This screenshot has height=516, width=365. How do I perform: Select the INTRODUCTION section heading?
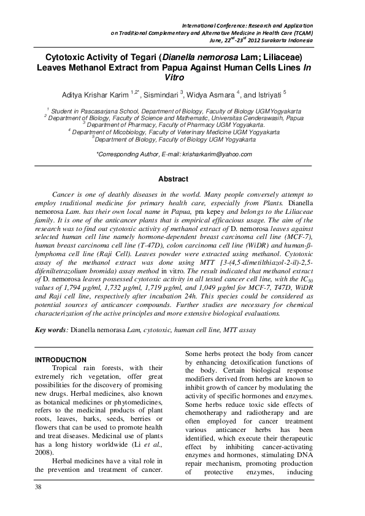pyautogui.click(x=61, y=359)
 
